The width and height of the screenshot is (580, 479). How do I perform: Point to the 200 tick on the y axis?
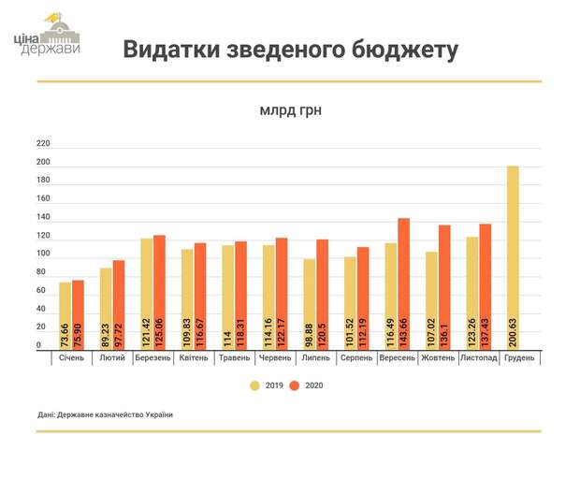click(43, 164)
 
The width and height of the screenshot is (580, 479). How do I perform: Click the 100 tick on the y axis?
click(43, 254)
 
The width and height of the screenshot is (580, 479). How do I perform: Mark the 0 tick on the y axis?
click(39, 345)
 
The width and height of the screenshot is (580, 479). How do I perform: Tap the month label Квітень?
click(194, 358)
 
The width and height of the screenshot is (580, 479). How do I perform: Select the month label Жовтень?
click(438, 358)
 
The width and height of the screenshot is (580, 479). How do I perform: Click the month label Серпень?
click(356, 358)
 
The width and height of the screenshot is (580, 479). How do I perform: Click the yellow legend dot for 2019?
click(254, 385)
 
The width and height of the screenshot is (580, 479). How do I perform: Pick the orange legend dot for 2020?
click(294, 385)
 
